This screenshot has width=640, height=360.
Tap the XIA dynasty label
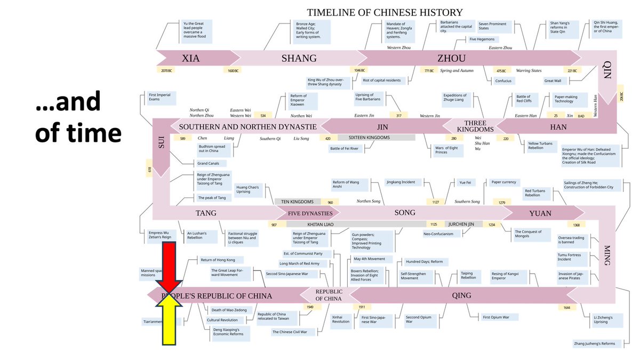click(191, 59)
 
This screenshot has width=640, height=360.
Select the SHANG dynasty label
click(299, 59)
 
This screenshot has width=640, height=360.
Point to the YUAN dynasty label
click(540, 213)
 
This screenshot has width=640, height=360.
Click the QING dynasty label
click(461, 295)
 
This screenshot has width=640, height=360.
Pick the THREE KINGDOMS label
click(471, 126)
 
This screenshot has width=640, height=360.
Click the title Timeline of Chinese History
click(385, 12)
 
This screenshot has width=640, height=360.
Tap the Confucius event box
click(503, 81)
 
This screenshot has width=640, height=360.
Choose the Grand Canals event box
click(212, 163)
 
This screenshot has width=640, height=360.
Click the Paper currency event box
click(503, 182)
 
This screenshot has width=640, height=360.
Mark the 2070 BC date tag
click(165, 70)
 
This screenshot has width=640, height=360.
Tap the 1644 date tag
click(567, 308)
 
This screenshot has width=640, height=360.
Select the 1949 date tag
click(310, 307)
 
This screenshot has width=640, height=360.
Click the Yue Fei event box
click(464, 182)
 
